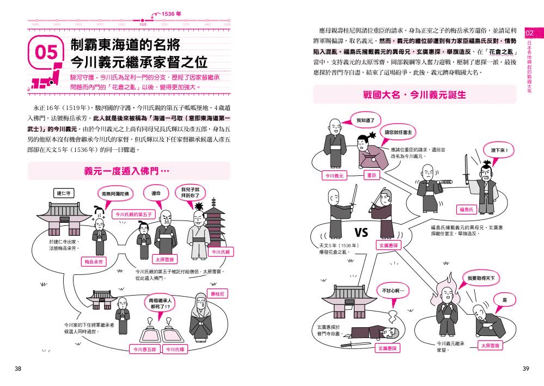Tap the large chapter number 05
point(46,52)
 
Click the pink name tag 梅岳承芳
point(93,262)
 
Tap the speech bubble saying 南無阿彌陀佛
point(116,193)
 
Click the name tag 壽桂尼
point(218,294)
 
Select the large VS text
point(362,232)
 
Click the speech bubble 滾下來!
point(499,150)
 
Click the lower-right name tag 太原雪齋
point(491,345)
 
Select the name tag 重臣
point(371,175)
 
